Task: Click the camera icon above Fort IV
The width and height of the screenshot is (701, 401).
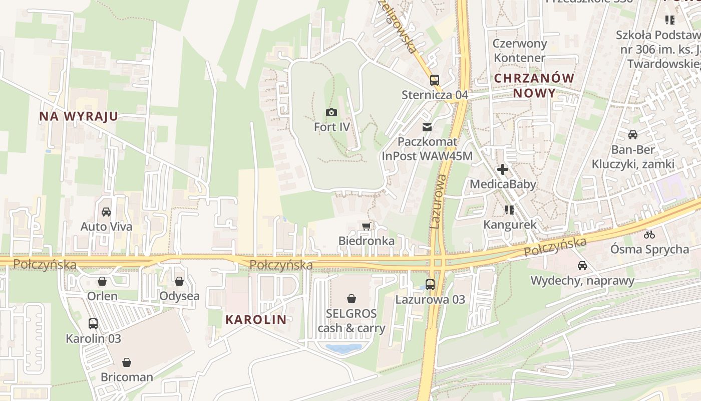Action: pyautogui.click(x=331, y=112)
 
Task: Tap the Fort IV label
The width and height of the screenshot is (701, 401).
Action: pyautogui.click(x=331, y=127)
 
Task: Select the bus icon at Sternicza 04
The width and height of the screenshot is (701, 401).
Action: pyautogui.click(x=435, y=80)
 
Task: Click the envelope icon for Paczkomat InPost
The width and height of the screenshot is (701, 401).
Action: pyautogui.click(x=427, y=127)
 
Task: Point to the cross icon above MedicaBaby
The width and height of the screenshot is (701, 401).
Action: pyautogui.click(x=503, y=169)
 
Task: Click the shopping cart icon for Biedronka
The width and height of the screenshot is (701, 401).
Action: pyautogui.click(x=366, y=226)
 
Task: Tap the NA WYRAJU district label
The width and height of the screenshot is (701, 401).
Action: pyautogui.click(x=79, y=116)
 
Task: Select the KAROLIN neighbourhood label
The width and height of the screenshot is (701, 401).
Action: pyautogui.click(x=256, y=319)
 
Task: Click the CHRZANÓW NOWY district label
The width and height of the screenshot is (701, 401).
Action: pyautogui.click(x=534, y=85)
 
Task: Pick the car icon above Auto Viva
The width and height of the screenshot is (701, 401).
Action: pyautogui.click(x=106, y=212)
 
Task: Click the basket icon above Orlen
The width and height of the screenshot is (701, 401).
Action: pyautogui.click(x=102, y=281)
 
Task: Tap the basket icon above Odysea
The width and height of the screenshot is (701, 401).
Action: pyautogui.click(x=179, y=281)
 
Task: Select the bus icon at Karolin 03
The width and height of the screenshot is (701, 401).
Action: pyautogui.click(x=93, y=323)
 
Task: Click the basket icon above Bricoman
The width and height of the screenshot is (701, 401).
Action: pyautogui.click(x=127, y=362)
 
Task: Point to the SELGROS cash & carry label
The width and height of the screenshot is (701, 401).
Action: pyautogui.click(x=352, y=321)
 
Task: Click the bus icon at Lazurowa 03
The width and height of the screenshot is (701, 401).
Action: pyautogui.click(x=430, y=285)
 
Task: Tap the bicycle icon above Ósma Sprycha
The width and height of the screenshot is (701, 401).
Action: pyautogui.click(x=649, y=234)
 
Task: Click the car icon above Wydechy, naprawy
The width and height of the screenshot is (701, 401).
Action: pyautogui.click(x=582, y=266)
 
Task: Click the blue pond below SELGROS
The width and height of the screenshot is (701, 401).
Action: pyautogui.click(x=343, y=347)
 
